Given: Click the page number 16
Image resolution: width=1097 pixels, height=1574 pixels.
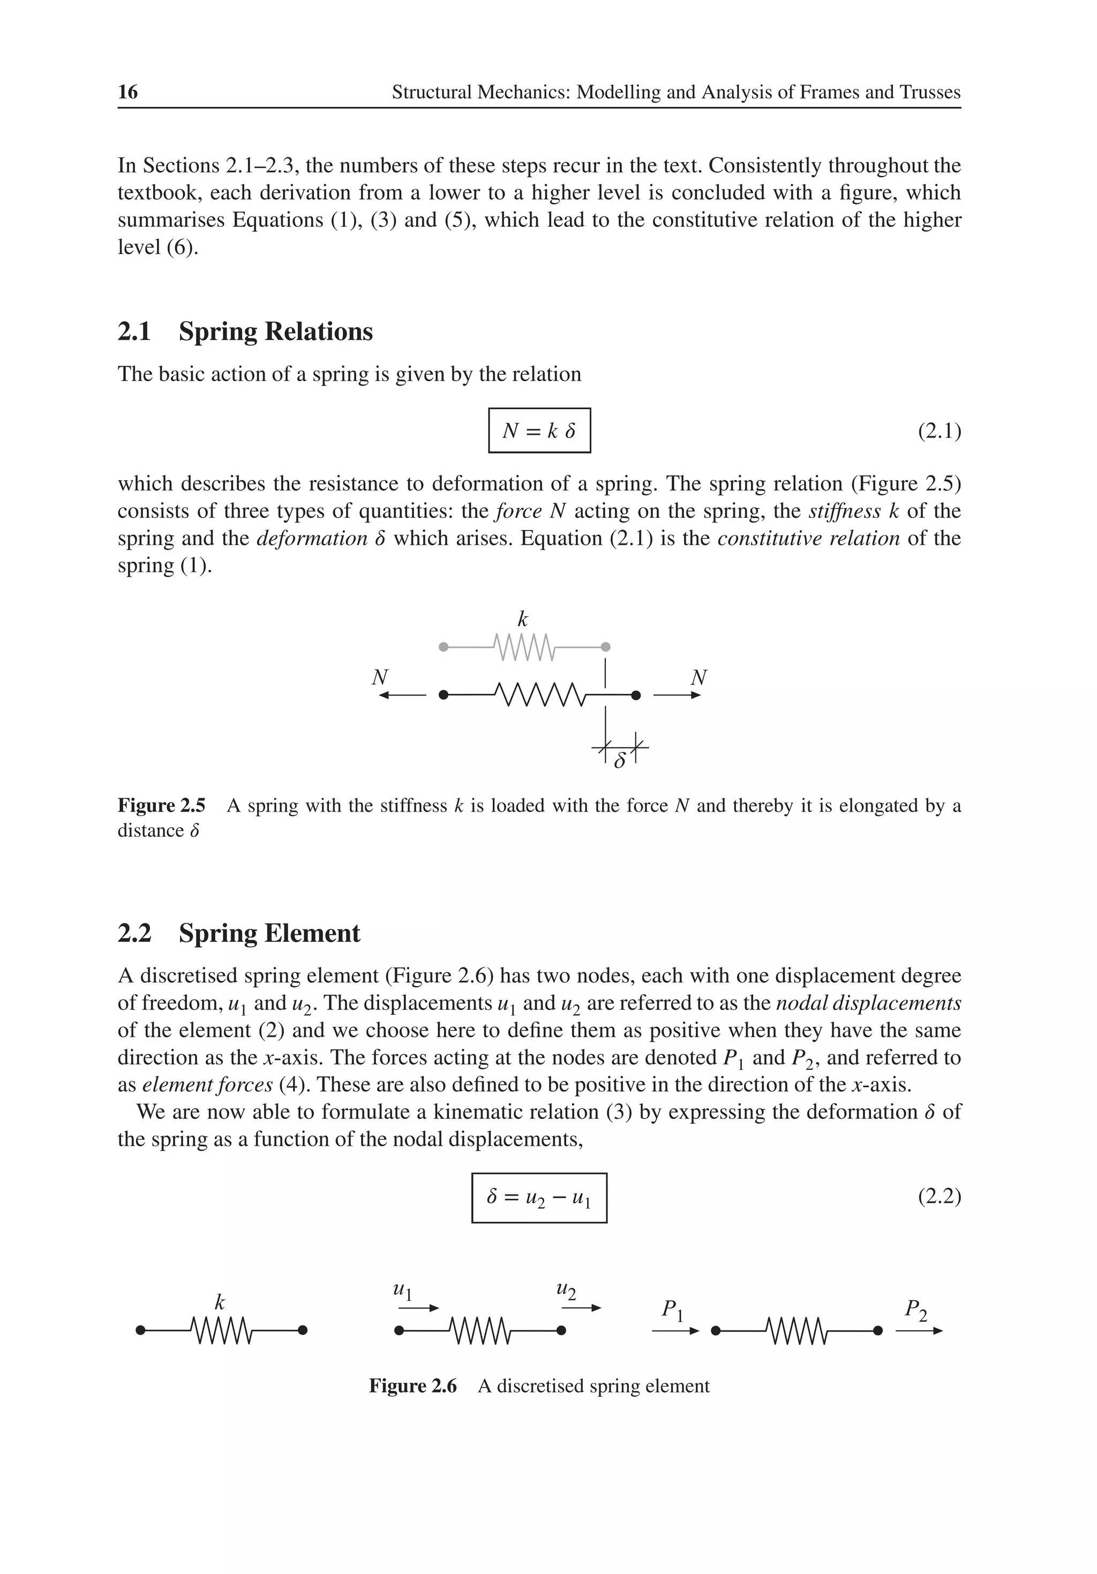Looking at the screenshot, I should [127, 92].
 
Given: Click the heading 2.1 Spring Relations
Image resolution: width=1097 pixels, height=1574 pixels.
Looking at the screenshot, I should [245, 331].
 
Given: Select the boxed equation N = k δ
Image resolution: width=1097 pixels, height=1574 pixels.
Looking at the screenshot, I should [539, 430].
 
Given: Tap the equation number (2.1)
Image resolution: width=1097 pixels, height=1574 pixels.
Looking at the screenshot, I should [939, 431].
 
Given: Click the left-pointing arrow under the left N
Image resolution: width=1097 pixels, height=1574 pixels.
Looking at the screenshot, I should [403, 695].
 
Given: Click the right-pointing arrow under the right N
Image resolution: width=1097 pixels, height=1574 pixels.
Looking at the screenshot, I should [677, 695].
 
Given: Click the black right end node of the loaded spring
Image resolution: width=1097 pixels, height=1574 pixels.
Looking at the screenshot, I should [636, 695].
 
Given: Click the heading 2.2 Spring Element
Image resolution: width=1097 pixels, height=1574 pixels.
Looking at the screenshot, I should [239, 933].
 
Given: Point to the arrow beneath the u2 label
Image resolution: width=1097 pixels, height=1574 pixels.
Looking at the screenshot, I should [581, 1308].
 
